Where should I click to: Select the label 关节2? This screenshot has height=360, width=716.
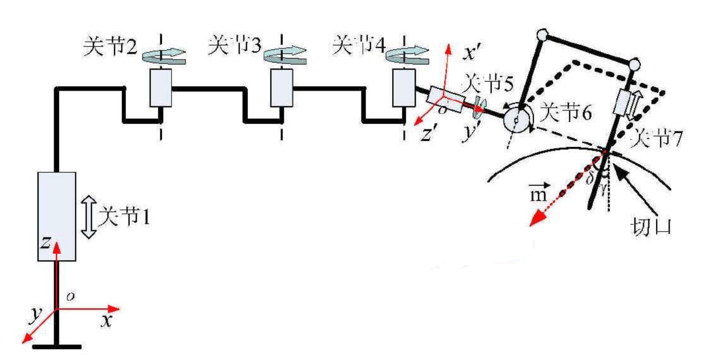click(x=110, y=46)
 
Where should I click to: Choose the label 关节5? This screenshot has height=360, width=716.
click(x=488, y=83)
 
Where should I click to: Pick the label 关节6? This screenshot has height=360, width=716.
click(x=565, y=112)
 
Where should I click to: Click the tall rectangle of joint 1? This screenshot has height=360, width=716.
click(x=57, y=216)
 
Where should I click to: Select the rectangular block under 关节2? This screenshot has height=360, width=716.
click(x=161, y=88)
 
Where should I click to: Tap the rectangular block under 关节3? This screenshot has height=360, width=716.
click(x=282, y=88)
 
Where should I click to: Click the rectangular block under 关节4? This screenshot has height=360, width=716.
click(x=404, y=88)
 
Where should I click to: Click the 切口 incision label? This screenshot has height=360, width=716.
click(x=650, y=227)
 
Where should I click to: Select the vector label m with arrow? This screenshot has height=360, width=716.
click(x=539, y=192)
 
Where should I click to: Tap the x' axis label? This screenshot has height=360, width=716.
click(x=471, y=52)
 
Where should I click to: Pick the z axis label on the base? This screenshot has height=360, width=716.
click(x=46, y=242)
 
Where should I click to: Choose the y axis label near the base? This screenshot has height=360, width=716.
click(x=36, y=314)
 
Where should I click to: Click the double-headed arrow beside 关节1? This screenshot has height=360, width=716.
click(x=89, y=217)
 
